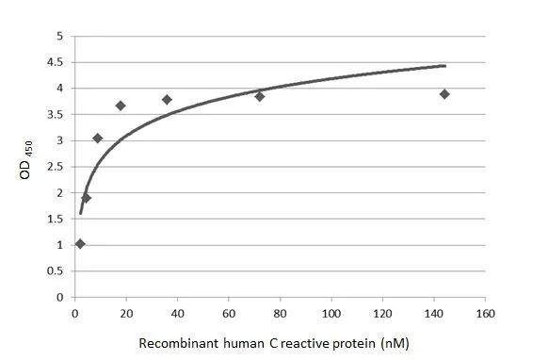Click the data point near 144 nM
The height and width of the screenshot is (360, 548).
coord(444,94)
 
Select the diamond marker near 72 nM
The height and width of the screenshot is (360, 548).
coord(259,96)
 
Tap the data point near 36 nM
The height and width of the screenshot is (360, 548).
coord(167,99)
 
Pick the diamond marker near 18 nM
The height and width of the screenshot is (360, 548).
coord(121,106)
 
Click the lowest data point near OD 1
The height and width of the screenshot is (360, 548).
coord(80,244)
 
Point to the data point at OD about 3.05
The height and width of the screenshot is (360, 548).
coord(98,138)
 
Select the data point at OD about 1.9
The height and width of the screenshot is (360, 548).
coord(87,198)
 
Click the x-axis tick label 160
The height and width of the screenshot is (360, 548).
coord(485,313)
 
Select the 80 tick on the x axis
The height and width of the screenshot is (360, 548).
coord(280,313)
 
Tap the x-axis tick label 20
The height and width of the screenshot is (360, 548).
coord(126,313)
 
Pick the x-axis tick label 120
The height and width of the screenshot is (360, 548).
coord(382,313)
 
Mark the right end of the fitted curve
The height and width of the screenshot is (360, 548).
coord(444,66)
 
